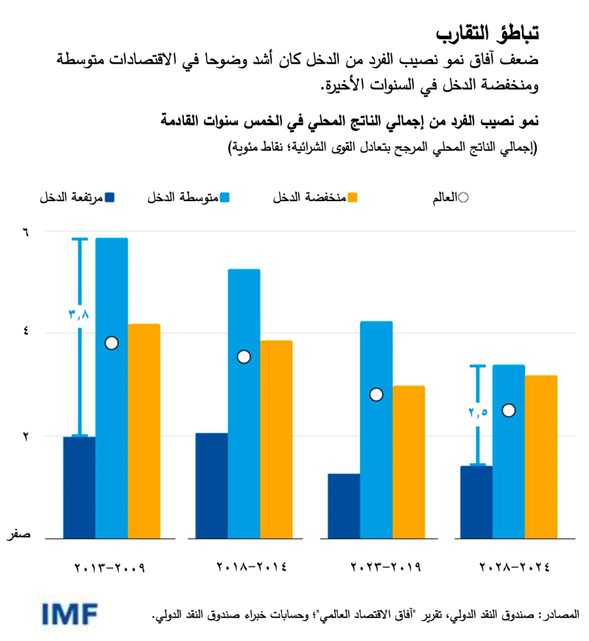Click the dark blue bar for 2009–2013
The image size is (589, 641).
(x=80, y=487)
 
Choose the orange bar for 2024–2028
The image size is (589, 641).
(x=541, y=457)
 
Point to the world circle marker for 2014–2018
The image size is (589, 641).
(x=244, y=357)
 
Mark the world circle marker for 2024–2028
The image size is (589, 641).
(x=509, y=410)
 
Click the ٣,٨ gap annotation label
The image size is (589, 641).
(x=79, y=314)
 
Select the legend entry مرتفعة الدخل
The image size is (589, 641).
(x=77, y=197)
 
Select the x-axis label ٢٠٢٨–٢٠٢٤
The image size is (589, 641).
(x=515, y=568)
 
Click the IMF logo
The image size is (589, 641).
(x=71, y=613)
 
